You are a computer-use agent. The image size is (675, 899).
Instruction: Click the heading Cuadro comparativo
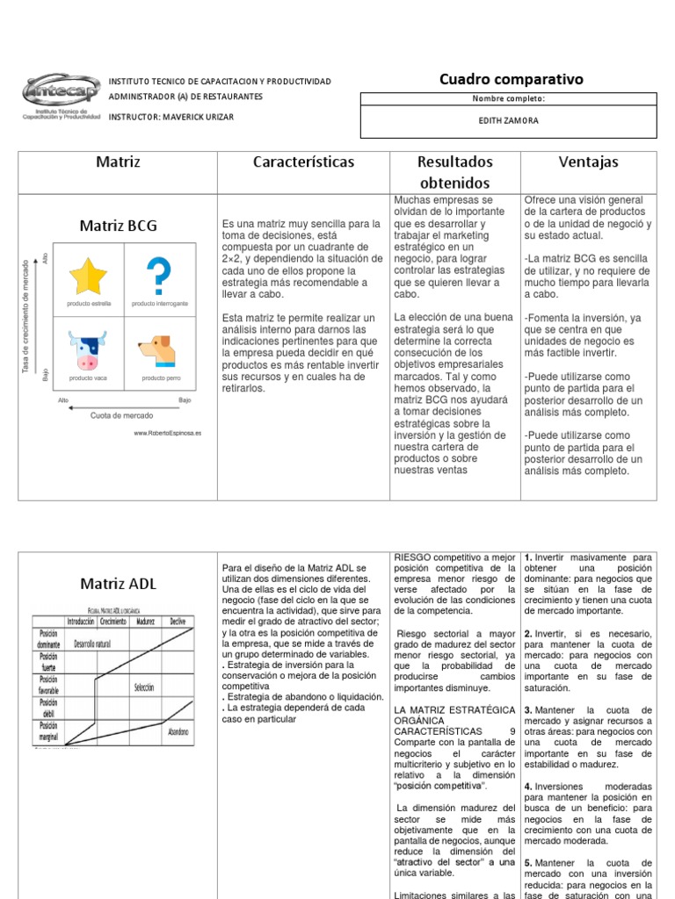[x=511, y=80]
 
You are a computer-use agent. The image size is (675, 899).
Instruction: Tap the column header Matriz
[x=118, y=162]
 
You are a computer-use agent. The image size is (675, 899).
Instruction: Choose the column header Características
[x=303, y=162]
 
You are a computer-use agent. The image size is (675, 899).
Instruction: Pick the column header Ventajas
[x=588, y=162]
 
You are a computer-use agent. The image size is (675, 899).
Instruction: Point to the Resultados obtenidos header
[x=454, y=172]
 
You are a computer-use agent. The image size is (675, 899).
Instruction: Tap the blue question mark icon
[x=160, y=275]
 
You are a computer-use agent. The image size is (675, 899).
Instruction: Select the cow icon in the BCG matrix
[x=87, y=349]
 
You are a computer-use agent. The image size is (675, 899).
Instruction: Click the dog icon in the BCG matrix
[x=159, y=350]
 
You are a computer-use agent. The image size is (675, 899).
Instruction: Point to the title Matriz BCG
[x=118, y=226]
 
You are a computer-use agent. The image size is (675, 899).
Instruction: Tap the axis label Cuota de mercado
[x=121, y=415]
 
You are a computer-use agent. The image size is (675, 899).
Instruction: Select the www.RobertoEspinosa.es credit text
[x=167, y=433]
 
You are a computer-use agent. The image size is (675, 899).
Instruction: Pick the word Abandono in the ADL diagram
[x=178, y=730]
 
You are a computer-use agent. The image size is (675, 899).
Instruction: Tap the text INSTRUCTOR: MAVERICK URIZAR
[x=171, y=118]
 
